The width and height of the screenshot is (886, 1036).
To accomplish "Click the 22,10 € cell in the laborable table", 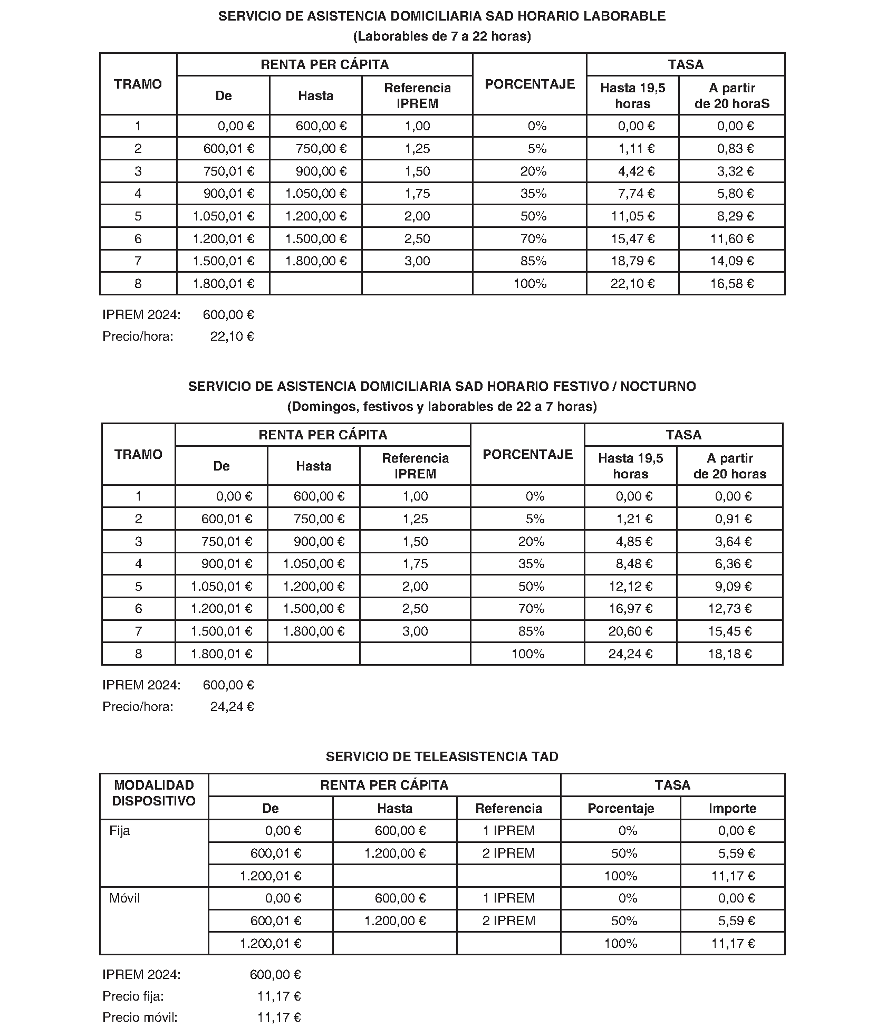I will click(632, 284).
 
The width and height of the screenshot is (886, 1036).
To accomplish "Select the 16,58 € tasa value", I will click(731, 284).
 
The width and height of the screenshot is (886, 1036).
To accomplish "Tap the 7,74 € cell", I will click(636, 194).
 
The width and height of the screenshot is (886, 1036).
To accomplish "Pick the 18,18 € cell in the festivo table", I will click(729, 654).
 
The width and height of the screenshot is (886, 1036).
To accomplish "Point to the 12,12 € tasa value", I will click(630, 587).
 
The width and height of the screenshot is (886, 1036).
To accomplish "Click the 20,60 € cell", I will click(630, 631).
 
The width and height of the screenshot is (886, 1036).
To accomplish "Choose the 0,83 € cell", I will click(735, 149).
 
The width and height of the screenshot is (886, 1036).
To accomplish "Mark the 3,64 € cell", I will click(733, 542).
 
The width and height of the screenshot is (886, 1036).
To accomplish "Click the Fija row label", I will click(120, 831).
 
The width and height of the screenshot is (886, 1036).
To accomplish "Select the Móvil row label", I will click(124, 898).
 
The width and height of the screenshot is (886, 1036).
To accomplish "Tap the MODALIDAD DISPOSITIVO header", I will click(154, 793).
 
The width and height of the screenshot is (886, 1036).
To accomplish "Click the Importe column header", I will click(733, 808).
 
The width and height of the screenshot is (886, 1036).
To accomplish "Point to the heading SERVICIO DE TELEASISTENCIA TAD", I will click(442, 756).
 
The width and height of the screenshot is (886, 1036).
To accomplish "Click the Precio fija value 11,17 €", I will click(279, 996).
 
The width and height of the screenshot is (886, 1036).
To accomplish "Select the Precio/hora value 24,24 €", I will click(232, 707).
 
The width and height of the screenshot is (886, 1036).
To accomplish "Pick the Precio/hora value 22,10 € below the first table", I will click(232, 337).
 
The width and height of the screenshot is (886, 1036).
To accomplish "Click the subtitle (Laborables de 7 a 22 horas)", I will click(442, 36).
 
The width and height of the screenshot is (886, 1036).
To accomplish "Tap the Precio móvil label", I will click(140, 1017).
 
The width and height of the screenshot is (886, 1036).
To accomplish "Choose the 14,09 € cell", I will click(731, 261).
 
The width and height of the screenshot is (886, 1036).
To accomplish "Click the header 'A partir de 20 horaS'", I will click(731, 95).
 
